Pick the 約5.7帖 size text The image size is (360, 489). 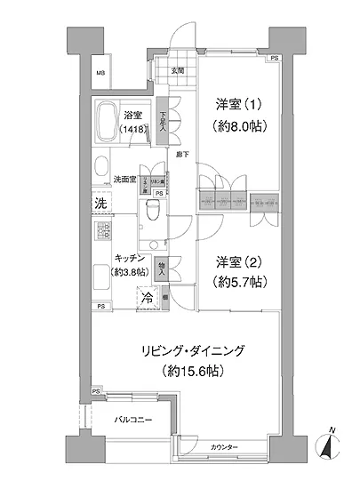tap(237, 284)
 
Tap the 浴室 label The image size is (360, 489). tap(135, 115)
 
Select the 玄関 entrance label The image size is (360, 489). tap(178, 71)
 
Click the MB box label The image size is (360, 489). tap(101, 73)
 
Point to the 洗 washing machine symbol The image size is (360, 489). tap(100, 203)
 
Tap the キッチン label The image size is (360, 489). tap(131, 258)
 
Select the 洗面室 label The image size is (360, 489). tap(124, 178)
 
